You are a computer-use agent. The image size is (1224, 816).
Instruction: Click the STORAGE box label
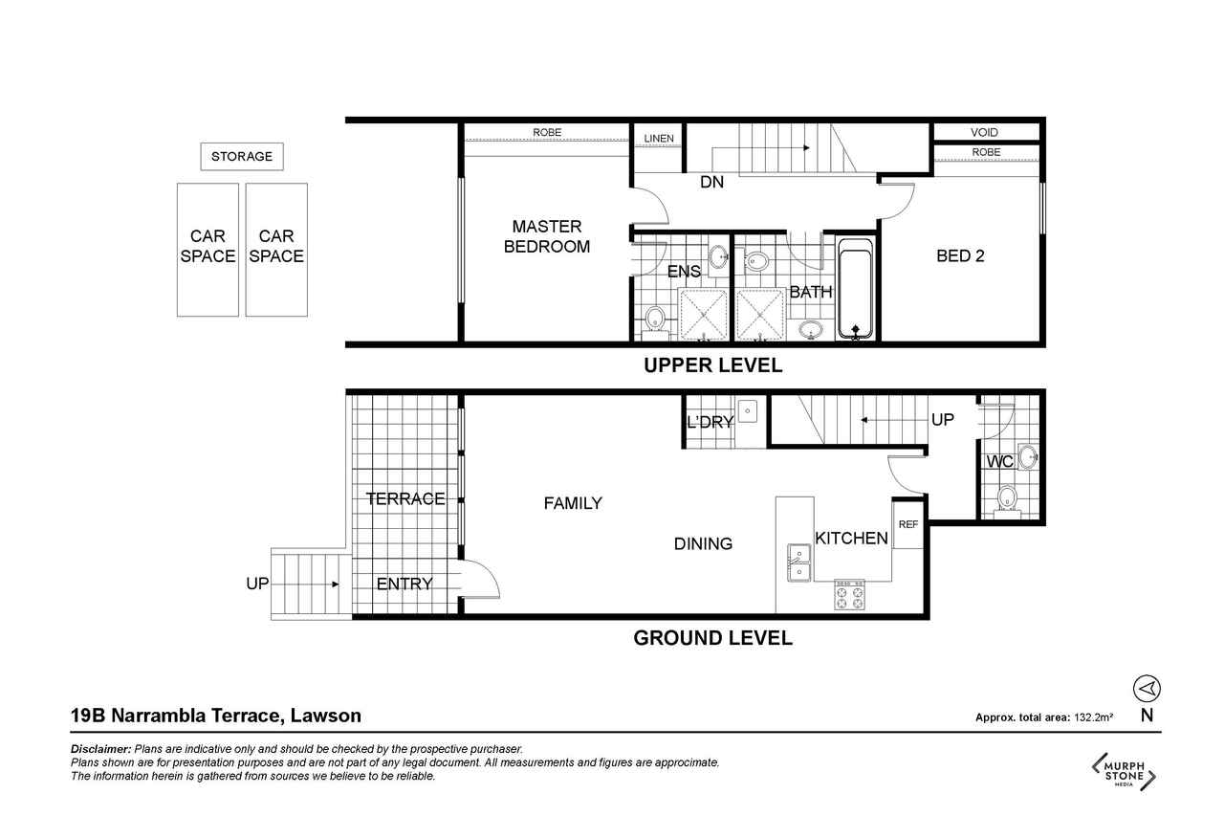242,156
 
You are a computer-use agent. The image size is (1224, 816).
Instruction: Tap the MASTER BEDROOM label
546,236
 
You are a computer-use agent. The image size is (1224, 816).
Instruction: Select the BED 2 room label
960,255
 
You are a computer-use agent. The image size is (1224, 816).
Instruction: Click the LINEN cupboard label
659,139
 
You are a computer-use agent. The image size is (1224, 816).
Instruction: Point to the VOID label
984,132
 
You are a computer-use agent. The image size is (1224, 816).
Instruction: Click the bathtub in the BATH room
855,289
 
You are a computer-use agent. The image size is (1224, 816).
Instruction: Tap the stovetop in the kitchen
850,595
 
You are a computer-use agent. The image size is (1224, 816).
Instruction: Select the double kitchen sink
798,562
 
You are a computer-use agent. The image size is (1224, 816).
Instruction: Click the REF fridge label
908,524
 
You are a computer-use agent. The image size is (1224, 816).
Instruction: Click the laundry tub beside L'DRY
747,411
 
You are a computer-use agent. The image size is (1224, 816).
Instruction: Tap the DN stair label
712,182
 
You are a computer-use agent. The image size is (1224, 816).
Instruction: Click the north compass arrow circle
1147,688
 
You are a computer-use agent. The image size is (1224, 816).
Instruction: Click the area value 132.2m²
1093,717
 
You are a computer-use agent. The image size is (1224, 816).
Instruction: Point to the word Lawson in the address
326,716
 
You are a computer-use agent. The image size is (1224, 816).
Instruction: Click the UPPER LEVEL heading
713,365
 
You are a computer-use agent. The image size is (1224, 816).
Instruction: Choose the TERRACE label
405,498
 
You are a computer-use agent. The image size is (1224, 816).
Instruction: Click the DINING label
703,543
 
